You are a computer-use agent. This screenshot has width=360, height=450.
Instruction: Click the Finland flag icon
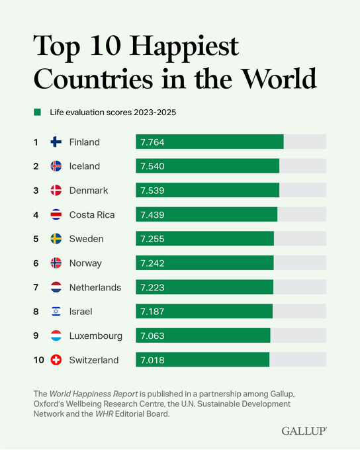click(56, 142)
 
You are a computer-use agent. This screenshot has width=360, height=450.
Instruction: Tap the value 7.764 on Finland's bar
click(152, 142)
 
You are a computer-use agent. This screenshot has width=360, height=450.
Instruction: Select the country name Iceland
click(85, 166)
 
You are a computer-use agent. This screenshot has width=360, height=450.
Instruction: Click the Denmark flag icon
click(56, 191)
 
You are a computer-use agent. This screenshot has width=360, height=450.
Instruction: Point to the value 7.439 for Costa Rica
click(152, 214)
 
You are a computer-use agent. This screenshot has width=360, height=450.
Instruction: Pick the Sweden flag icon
click(56, 239)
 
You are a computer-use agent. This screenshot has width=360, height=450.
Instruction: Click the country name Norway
click(85, 263)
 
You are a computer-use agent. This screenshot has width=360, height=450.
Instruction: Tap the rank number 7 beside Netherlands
click(36, 287)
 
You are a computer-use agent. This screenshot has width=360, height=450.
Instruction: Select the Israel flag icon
click(56, 311)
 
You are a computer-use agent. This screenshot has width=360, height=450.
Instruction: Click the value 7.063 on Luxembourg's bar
click(152, 336)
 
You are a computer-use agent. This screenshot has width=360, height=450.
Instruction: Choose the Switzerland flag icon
click(56, 360)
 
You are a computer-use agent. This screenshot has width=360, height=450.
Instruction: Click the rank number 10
click(38, 360)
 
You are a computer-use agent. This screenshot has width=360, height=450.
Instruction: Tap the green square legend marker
click(37, 112)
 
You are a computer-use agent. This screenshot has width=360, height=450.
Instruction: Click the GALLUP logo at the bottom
click(304, 430)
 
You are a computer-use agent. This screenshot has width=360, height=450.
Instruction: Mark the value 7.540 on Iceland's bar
click(152, 166)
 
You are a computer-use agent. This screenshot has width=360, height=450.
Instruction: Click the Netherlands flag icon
click(56, 287)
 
